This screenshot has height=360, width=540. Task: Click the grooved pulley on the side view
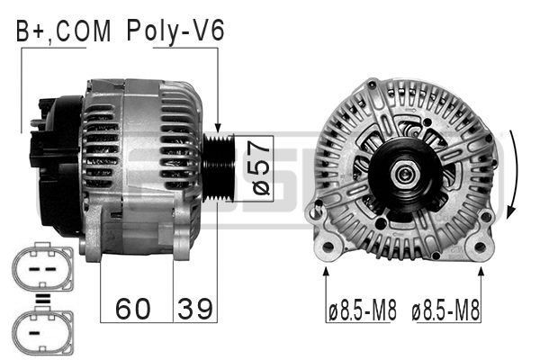[x=220, y=166]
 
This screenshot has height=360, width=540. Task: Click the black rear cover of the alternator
[x=54, y=162]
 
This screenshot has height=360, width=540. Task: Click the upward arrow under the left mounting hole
[x=325, y=274]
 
